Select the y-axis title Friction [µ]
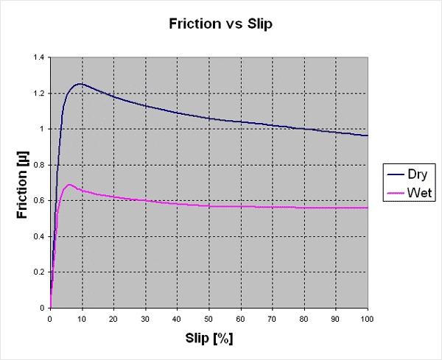[21, 182]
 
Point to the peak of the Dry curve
[80, 84]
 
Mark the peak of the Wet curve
[69, 184]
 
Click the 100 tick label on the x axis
[367, 320]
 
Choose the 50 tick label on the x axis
[208, 320]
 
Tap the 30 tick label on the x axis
[145, 320]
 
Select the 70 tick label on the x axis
[272, 320]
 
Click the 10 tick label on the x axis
[82, 320]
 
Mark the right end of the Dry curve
[367, 135]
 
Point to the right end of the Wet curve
[367, 208]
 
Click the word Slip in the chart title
[256, 24]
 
